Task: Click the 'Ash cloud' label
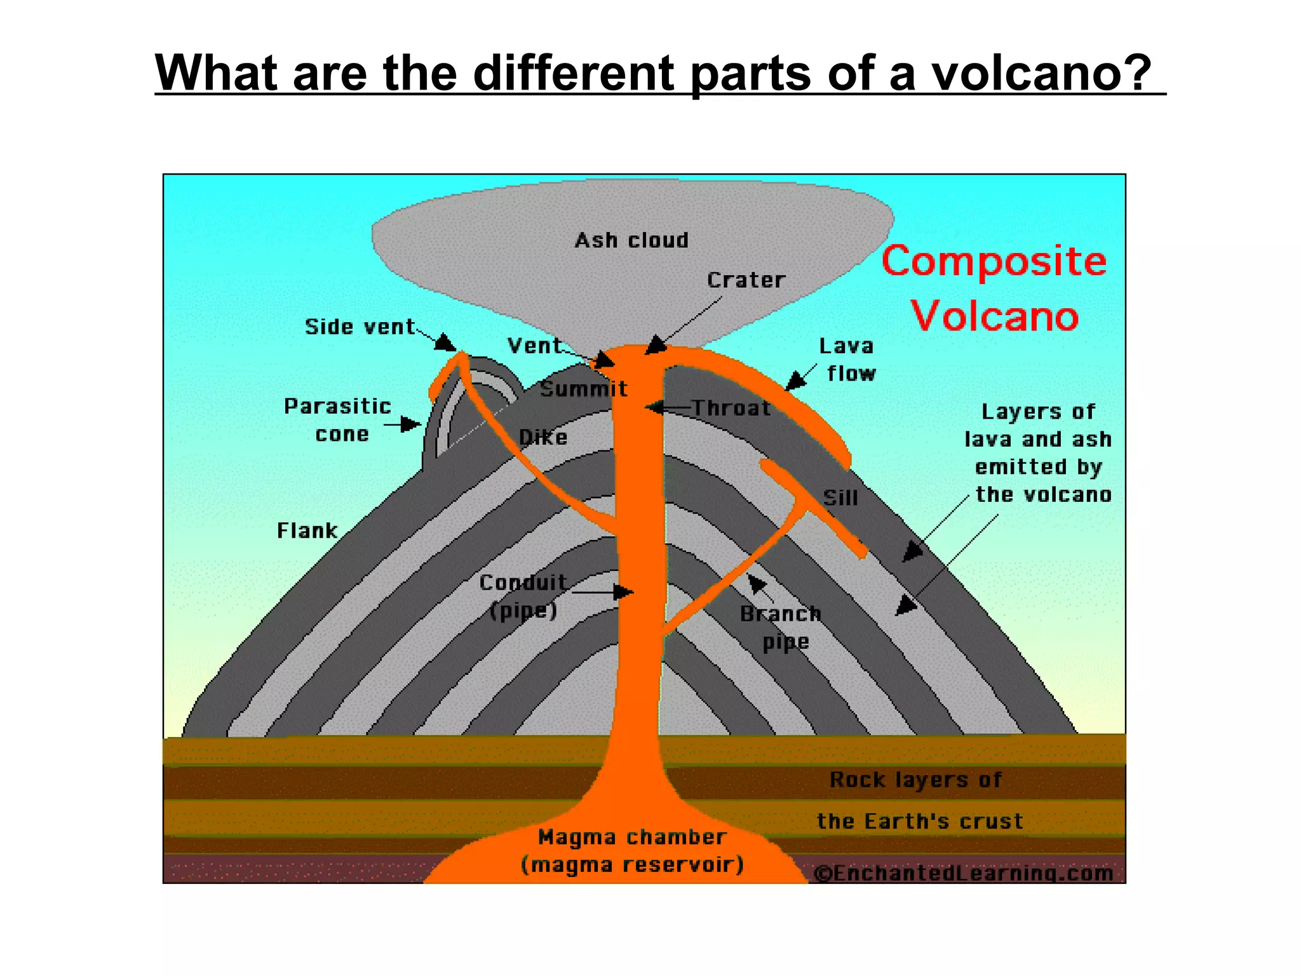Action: click(631, 240)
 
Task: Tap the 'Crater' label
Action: click(746, 280)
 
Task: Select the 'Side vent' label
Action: click(360, 327)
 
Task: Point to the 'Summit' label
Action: click(584, 389)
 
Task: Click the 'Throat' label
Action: click(731, 408)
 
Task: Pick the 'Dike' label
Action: click(543, 437)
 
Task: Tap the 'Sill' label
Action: click(840, 498)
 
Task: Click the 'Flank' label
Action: click(307, 531)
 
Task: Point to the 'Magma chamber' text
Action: click(632, 837)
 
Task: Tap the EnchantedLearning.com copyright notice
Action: click(964, 874)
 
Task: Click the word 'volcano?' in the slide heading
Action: click(1041, 72)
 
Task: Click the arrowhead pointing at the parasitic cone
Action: click(412, 424)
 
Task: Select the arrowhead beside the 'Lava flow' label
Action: click(794, 382)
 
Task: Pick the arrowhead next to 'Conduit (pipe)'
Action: click(624, 592)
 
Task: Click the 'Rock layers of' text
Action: click(915, 780)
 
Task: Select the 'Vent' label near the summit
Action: click(534, 346)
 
